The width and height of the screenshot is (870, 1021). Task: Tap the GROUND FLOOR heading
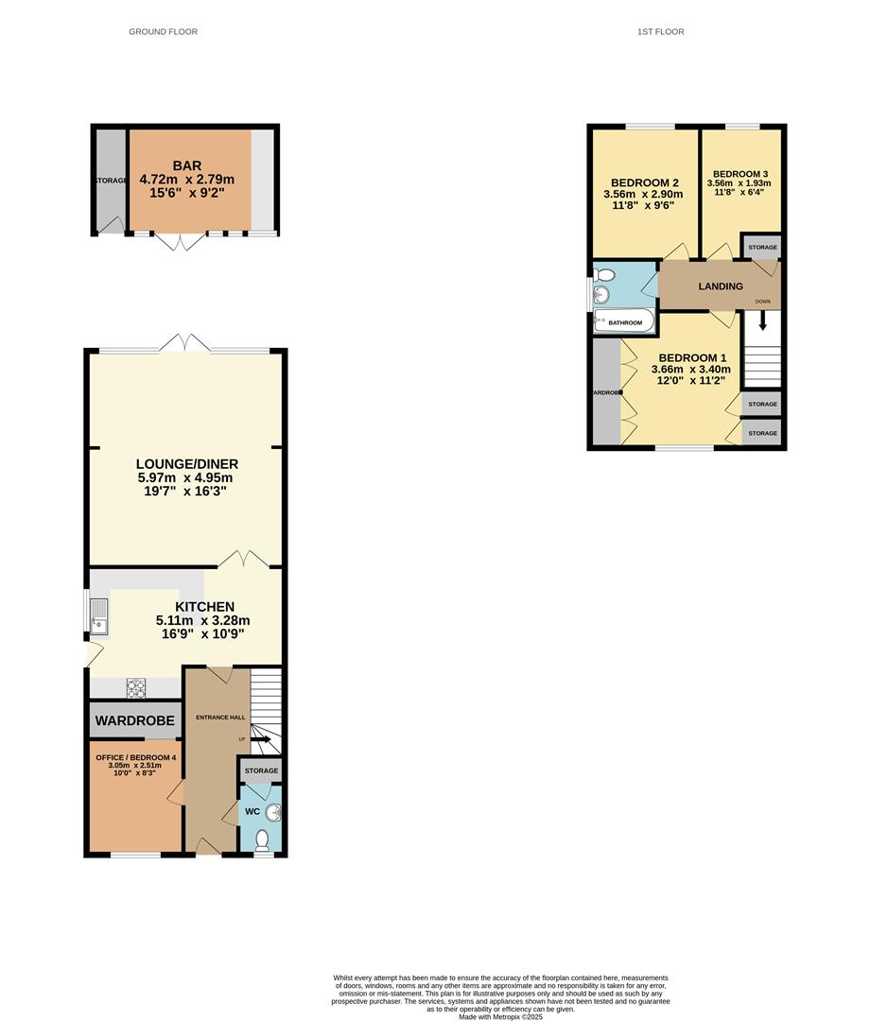(164, 32)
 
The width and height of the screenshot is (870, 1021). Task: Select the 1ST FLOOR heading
(661, 32)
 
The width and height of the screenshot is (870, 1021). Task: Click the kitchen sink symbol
(99, 616)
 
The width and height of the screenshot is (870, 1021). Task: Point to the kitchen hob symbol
(135, 688)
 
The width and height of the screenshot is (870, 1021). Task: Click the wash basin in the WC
(272, 812)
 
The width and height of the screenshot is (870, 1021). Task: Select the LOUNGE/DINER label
(186, 464)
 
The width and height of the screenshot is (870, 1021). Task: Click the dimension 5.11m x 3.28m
(202, 620)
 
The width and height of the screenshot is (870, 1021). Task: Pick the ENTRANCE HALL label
(219, 718)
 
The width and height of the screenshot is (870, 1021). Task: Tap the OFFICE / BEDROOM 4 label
(135, 757)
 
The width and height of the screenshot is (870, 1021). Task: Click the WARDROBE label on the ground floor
(135, 721)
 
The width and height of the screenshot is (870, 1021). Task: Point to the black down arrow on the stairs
(761, 323)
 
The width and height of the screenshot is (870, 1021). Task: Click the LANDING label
(721, 286)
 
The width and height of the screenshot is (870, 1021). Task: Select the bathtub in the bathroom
(624, 322)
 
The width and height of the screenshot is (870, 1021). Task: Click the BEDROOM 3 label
(740, 174)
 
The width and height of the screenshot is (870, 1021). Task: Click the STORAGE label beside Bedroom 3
(762, 248)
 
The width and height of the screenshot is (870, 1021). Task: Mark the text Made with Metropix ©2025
(501, 1016)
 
